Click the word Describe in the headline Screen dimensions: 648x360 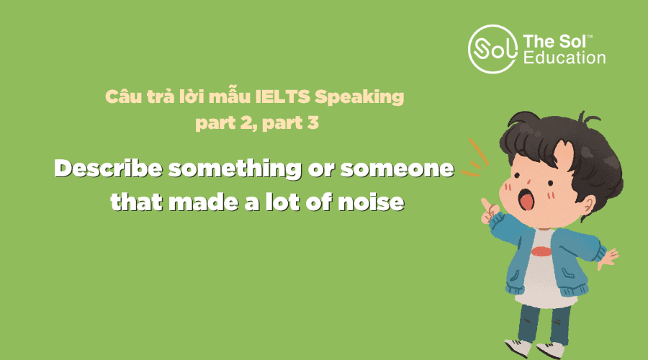(108, 168)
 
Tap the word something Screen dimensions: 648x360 (235, 169)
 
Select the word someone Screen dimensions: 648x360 (397, 169)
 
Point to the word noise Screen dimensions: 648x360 (371, 202)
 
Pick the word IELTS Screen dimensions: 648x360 (283, 96)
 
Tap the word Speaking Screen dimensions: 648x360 (359, 98)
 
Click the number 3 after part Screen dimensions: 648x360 (313, 122)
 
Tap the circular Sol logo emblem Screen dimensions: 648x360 (492, 49)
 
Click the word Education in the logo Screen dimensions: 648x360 (564, 58)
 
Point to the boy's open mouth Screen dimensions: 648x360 (526, 199)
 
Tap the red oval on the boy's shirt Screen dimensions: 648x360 (541, 251)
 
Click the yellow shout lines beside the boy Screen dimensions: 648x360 (475, 158)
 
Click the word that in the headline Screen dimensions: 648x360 (136, 202)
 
